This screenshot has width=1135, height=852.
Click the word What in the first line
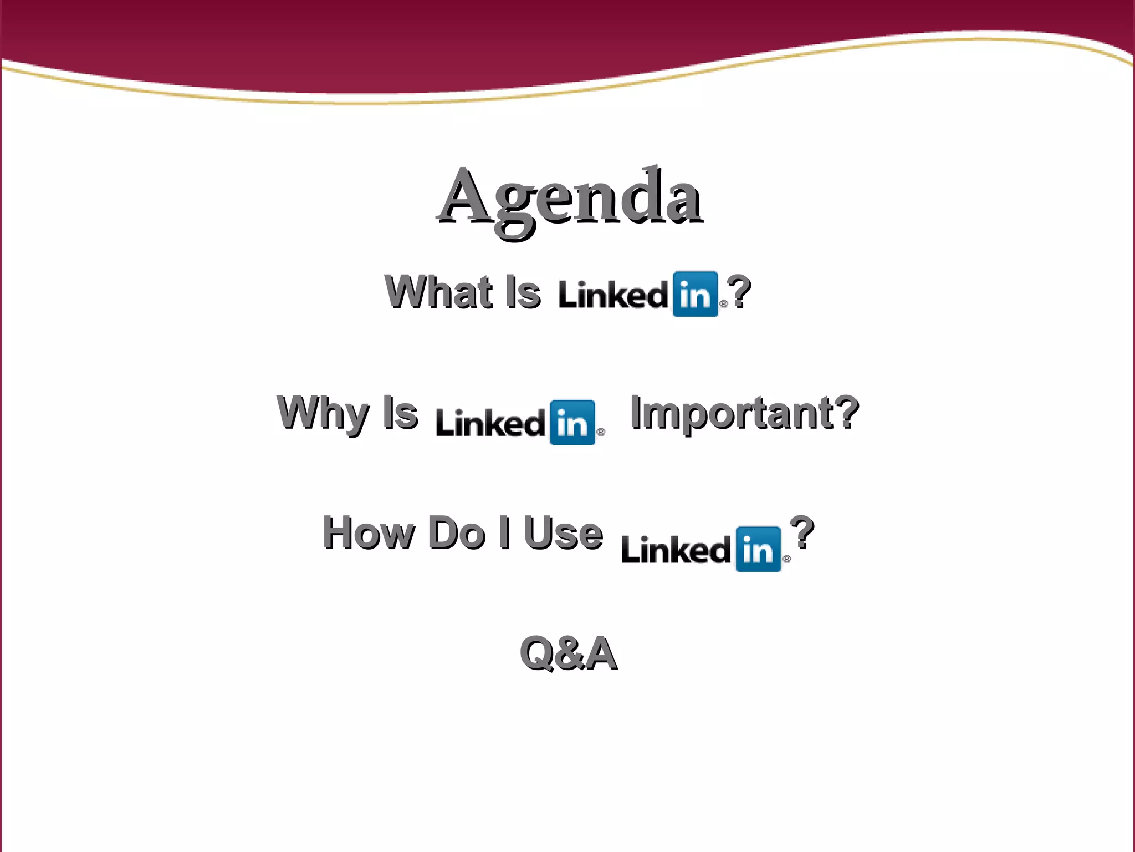point(438,292)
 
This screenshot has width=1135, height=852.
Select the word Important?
point(744,413)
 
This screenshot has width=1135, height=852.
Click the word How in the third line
point(368,533)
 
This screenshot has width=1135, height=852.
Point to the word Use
point(563,533)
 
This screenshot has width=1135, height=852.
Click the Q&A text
point(569,653)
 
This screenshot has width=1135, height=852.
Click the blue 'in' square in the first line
point(695,294)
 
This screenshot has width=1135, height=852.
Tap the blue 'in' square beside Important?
point(572,422)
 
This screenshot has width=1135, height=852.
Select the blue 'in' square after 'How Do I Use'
point(758,549)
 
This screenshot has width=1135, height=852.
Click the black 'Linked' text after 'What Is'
point(613,295)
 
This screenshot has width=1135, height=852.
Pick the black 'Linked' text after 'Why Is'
point(490,423)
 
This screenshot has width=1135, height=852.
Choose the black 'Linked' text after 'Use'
point(676,550)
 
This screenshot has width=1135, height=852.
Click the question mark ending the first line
point(739,292)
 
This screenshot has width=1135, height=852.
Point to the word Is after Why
point(400,413)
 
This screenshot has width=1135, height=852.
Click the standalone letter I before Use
point(504,533)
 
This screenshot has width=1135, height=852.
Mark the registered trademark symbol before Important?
point(601,432)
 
